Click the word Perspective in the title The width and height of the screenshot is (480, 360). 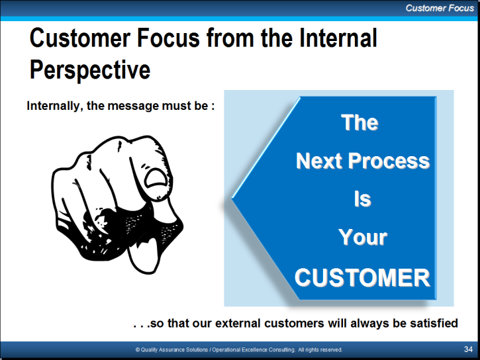click(x=90, y=70)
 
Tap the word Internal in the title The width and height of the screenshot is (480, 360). click(x=338, y=38)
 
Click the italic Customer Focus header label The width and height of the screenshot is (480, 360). click(x=440, y=8)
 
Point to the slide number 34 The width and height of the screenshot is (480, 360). click(x=468, y=349)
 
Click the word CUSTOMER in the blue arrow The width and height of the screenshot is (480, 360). click(x=362, y=277)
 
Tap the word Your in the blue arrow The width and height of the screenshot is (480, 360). click(x=363, y=238)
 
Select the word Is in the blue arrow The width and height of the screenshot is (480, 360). click(x=362, y=199)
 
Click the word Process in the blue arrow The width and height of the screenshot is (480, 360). click(x=389, y=161)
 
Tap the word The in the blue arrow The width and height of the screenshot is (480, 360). click(x=360, y=122)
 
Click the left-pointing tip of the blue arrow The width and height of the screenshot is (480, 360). click(x=232, y=199)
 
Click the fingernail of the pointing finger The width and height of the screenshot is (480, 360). click(x=156, y=178)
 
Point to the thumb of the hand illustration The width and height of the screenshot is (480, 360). click(x=143, y=256)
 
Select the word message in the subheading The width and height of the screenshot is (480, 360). click(x=134, y=107)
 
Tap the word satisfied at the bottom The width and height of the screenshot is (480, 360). click(x=434, y=323)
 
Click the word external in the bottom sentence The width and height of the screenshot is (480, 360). click(x=238, y=324)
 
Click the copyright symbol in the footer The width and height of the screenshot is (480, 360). click(x=138, y=349)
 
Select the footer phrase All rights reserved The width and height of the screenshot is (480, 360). click(x=320, y=349)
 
